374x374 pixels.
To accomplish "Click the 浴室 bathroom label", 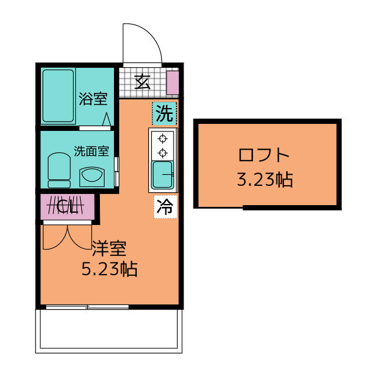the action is click(x=93, y=99).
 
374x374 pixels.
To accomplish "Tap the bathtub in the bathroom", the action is click(x=58, y=96).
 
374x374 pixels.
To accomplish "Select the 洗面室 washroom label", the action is click(x=91, y=151).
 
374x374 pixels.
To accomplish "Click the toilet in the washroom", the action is click(x=59, y=170).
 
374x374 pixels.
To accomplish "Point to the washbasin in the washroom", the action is click(x=92, y=176).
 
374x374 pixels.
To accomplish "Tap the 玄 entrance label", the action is click(x=143, y=82).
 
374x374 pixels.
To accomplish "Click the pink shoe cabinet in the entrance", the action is click(x=172, y=82).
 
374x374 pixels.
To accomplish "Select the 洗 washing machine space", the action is click(x=164, y=113).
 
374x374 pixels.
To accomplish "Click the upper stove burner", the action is click(x=162, y=138).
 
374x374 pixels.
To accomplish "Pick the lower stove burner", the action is click(x=162, y=153).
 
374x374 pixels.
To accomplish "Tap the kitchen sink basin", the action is click(x=162, y=174).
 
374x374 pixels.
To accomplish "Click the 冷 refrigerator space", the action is click(x=165, y=206).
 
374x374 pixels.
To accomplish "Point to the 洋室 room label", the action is click(x=109, y=248).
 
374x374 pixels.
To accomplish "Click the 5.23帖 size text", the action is click(x=109, y=269).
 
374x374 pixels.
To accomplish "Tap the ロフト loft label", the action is click(x=264, y=155).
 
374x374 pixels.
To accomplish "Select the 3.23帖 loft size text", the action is click(x=265, y=179).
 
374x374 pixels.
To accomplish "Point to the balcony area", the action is click(x=109, y=331).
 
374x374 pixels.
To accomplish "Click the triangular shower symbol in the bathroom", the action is click(x=106, y=119).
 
